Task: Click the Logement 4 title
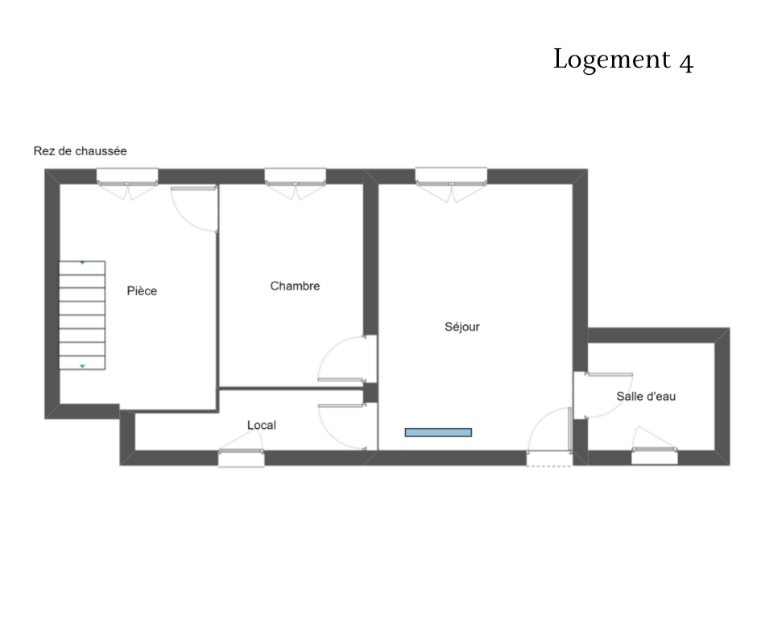(x=623, y=60)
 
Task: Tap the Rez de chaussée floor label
(x=81, y=151)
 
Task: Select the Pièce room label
(x=142, y=291)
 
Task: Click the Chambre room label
(x=295, y=286)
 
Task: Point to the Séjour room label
(x=462, y=327)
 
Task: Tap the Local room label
(x=262, y=425)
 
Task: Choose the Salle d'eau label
(x=646, y=397)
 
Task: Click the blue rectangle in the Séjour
(x=438, y=432)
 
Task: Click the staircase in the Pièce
(x=82, y=315)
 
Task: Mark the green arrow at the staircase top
(x=83, y=263)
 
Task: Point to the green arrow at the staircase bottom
(x=83, y=367)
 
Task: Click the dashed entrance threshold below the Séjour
(x=549, y=466)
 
